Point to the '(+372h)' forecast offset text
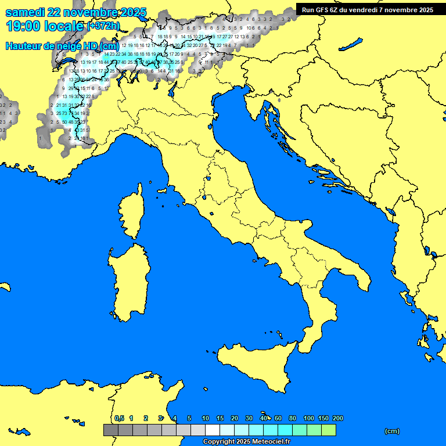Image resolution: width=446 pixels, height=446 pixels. [x=103, y=26]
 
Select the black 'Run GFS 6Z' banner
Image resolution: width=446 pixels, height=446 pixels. [x=367, y=9]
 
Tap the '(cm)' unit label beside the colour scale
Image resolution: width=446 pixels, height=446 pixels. [x=392, y=431]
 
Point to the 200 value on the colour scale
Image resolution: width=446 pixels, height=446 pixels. [x=338, y=418]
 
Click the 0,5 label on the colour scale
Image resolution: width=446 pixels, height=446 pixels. [x=119, y=418]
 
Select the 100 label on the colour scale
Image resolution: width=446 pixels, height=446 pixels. [x=309, y=418]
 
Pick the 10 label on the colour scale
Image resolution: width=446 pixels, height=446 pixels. [x=206, y=418]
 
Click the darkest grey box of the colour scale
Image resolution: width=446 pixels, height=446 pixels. [x=111, y=430]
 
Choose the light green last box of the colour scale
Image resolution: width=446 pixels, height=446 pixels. [x=329, y=430]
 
